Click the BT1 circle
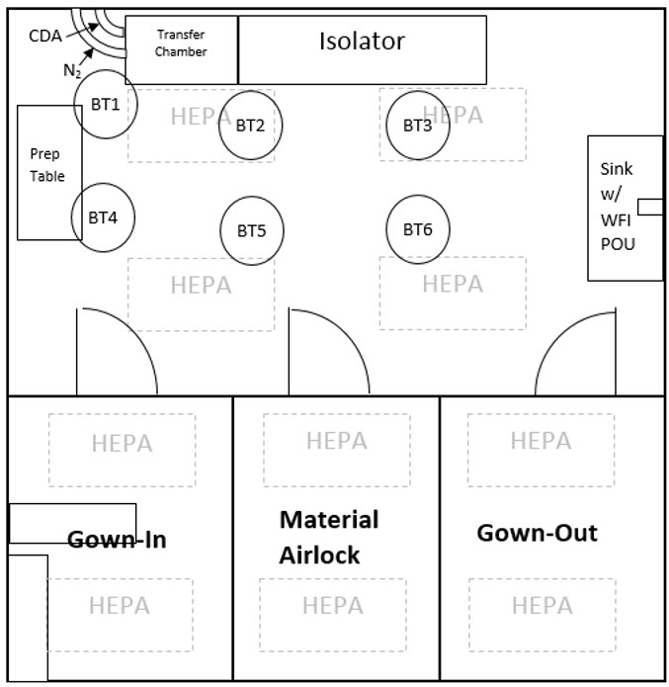click(105, 103)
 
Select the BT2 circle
click(250, 125)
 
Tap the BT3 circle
click(417, 125)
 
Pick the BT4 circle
click(103, 215)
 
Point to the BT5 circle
click(251, 230)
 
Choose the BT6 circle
click(417, 228)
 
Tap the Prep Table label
click(46, 165)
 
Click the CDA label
click(44, 38)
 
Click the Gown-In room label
click(117, 540)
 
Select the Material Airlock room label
click(329, 537)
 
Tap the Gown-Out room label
click(537, 533)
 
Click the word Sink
click(616, 169)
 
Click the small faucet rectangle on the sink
click(650, 206)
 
